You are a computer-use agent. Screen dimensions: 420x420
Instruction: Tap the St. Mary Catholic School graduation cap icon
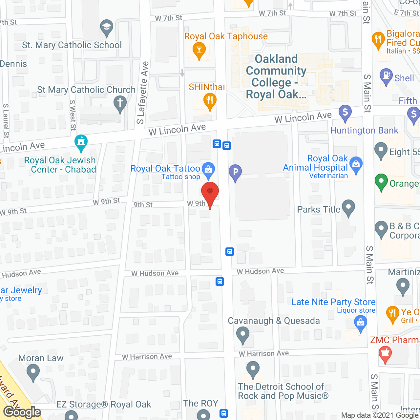106,28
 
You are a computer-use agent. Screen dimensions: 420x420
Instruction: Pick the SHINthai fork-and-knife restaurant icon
209,100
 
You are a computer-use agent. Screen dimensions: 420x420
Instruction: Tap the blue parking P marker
235,172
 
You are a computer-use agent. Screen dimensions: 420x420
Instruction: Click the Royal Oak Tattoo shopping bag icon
208,169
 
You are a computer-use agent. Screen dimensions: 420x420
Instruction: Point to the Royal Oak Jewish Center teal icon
81,142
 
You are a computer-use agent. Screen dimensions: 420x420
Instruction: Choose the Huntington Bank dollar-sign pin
345,112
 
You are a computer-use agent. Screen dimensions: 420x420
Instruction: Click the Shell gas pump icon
386,76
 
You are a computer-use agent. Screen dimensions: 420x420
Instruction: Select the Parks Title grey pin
348,207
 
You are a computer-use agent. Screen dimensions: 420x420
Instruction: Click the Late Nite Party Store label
333,302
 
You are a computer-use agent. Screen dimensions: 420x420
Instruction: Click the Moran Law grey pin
33,372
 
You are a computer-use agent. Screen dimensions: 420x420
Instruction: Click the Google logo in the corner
22,412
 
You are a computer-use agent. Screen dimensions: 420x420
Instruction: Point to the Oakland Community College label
276,76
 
